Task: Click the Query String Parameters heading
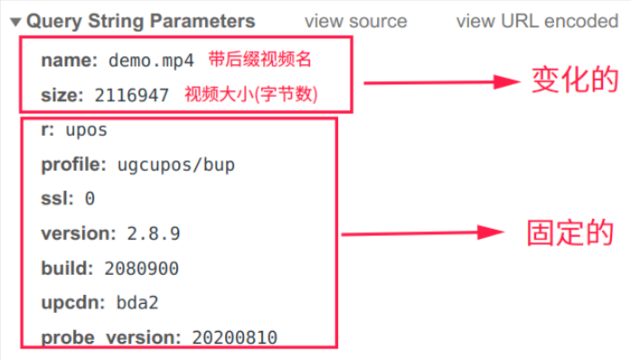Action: [x=141, y=21]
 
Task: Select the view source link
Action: [x=355, y=21]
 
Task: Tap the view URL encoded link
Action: [x=537, y=21]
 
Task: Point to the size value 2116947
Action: [x=132, y=95]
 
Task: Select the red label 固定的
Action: [x=570, y=232]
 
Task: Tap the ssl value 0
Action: [x=90, y=199]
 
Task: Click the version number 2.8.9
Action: [x=154, y=233]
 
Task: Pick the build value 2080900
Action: [x=141, y=269]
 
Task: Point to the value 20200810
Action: [x=235, y=337]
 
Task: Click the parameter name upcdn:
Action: [x=74, y=303]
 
